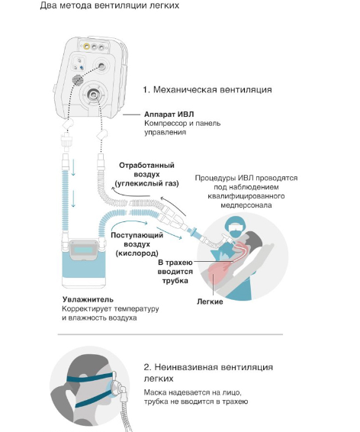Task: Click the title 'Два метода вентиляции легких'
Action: coord(110,5)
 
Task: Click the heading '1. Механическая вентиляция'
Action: coord(207,89)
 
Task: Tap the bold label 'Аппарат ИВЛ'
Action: coord(169,114)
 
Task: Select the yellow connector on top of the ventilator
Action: coord(87,47)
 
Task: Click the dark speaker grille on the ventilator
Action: coord(78,80)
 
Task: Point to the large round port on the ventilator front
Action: coord(93,95)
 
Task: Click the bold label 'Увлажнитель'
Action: coord(88,299)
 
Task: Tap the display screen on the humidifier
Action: coord(83,250)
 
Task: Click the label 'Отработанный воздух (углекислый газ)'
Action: coord(146,174)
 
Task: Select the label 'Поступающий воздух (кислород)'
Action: coord(137,244)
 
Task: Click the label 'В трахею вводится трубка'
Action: coord(175,272)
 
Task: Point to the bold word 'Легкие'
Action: coord(210,301)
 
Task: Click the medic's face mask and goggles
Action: coord(235,230)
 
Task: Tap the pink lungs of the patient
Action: coord(219,272)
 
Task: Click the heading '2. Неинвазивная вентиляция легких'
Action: coord(208,372)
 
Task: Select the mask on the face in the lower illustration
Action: coord(116,387)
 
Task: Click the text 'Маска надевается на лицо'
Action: coord(193,392)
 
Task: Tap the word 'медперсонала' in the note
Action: coord(246,205)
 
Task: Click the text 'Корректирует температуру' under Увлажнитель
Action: coord(111,309)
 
